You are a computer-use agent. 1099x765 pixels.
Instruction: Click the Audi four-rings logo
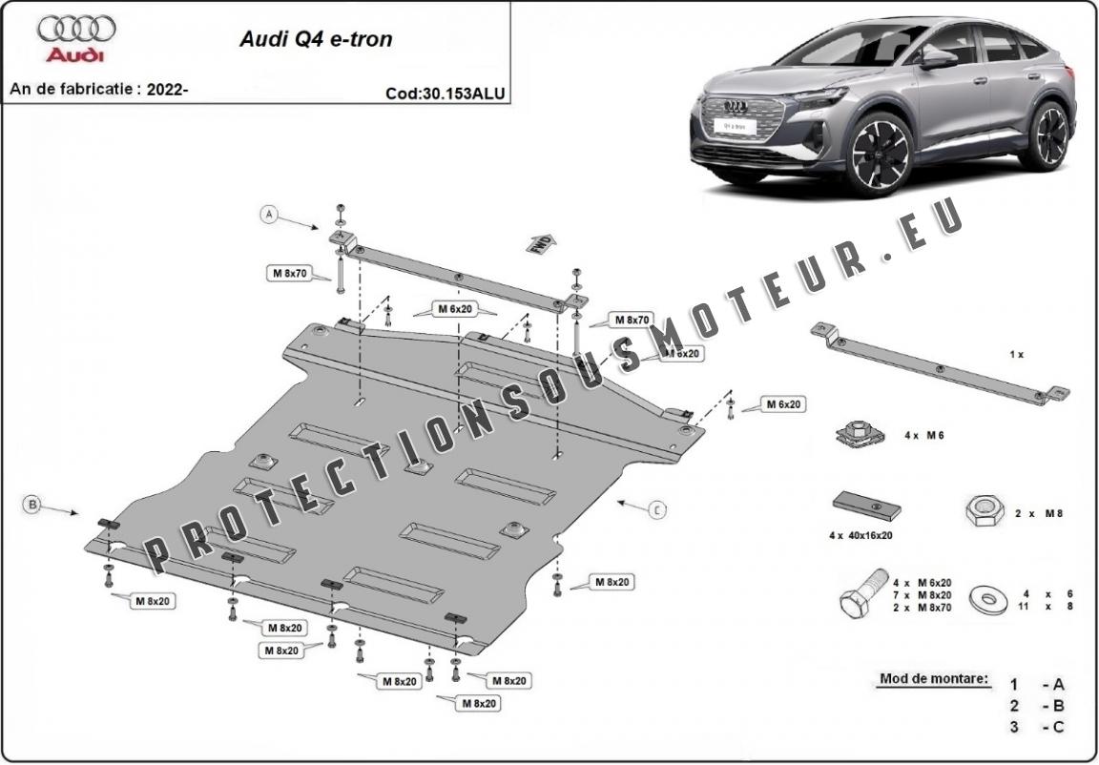tap(76, 30)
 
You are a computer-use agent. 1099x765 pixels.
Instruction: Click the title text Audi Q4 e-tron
tap(314, 40)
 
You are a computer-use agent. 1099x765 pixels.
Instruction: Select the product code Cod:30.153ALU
tap(445, 93)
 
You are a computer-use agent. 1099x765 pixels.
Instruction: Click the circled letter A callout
tap(270, 216)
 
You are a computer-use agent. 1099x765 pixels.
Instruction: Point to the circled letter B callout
tap(33, 504)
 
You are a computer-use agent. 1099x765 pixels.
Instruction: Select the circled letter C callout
tap(657, 510)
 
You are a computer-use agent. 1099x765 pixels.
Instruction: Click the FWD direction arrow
tap(540, 245)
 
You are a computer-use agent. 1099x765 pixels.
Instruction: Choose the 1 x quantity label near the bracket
tap(1016, 354)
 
